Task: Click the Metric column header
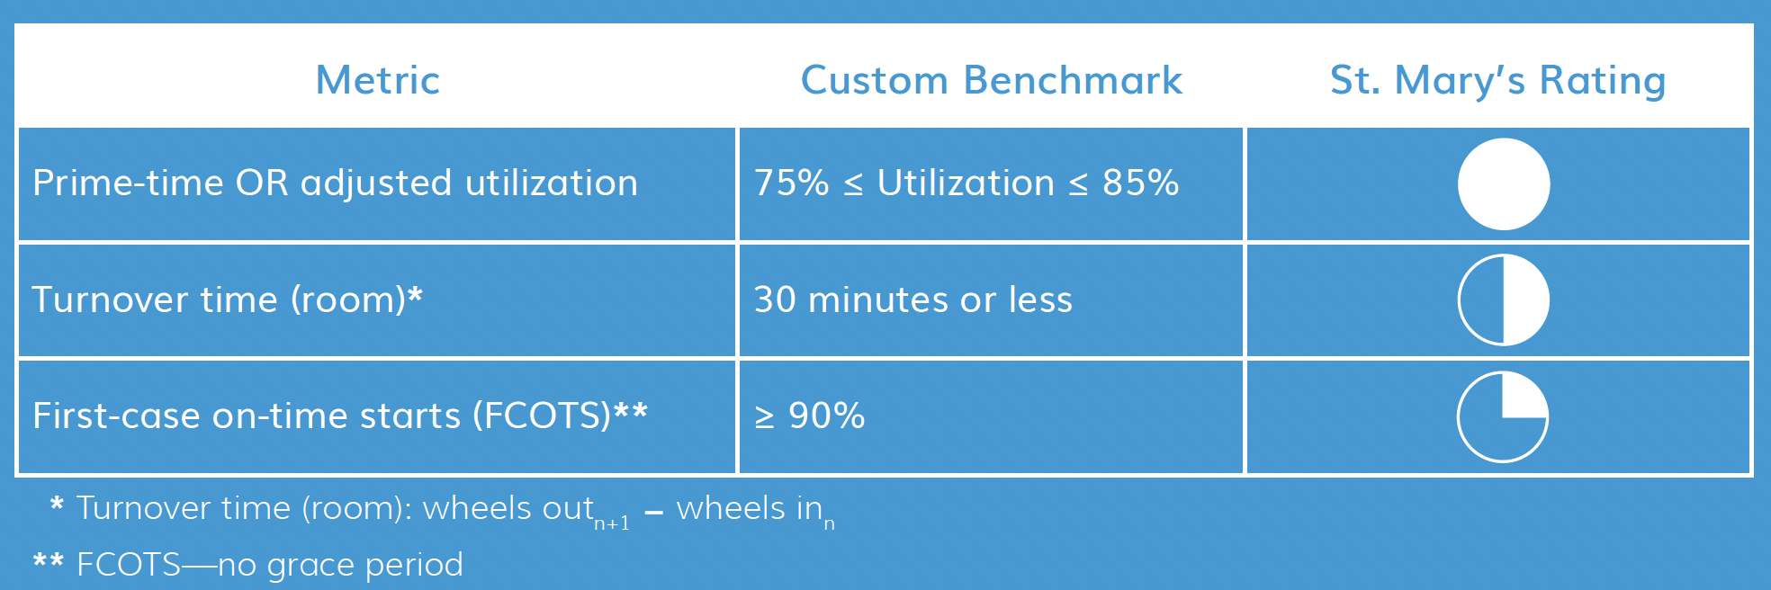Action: pos(378,80)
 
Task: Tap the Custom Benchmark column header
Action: pos(992,80)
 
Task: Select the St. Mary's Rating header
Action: pos(1498,81)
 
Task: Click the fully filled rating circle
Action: pos(1504,183)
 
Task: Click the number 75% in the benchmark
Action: pos(792,183)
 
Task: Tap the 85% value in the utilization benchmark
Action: pos(1141,183)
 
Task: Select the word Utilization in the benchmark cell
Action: pos(966,183)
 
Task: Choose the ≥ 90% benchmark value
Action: pos(810,416)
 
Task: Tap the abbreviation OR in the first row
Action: pos(262,183)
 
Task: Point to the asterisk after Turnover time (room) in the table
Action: pos(415,293)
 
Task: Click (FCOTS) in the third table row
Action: pos(547,416)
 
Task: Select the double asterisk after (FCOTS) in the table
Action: pos(630,410)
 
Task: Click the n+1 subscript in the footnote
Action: pos(612,523)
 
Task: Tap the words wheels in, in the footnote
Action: pos(750,508)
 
